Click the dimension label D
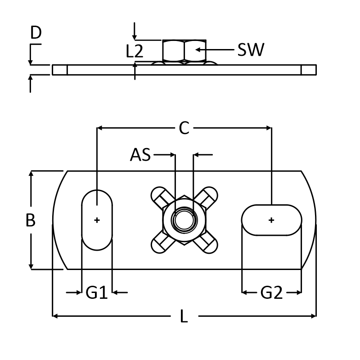point(36,32)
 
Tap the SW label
point(251,49)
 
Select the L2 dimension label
point(135,51)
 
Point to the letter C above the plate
point(184,128)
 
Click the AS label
point(141,155)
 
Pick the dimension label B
point(30,220)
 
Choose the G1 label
point(96,293)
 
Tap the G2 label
point(272,293)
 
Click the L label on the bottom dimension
point(184,317)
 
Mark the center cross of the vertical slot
point(97,220)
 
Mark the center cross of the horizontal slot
point(271,220)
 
